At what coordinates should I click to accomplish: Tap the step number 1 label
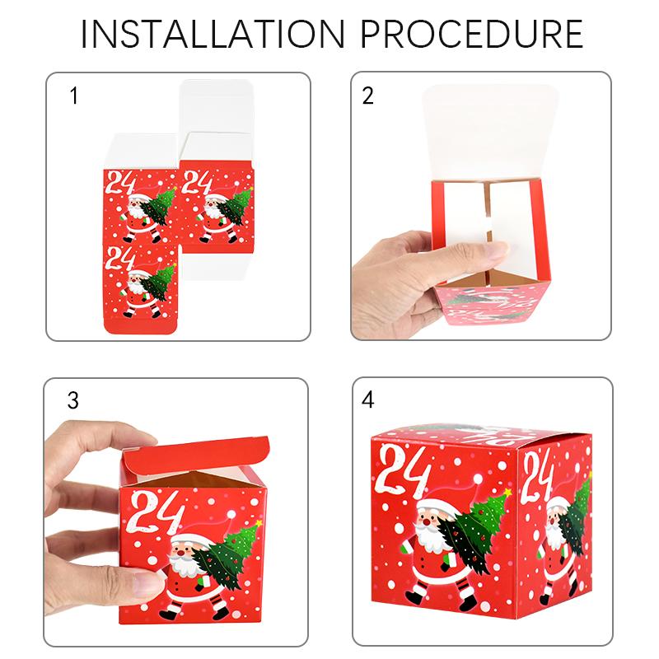click(x=74, y=96)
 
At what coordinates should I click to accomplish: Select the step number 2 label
click(x=368, y=96)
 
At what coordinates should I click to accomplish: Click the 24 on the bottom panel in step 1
click(x=121, y=254)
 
